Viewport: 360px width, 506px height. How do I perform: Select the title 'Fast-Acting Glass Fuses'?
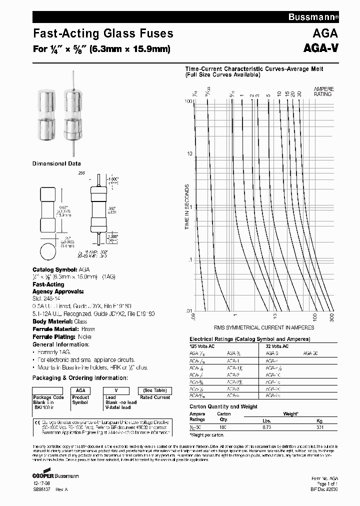[x=103, y=33]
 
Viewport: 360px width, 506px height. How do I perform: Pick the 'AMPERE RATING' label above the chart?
[x=323, y=91]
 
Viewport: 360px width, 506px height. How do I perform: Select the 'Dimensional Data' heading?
[x=56, y=163]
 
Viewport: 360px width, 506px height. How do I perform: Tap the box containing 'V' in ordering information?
[x=116, y=390]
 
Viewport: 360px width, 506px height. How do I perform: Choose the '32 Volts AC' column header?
[x=276, y=346]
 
